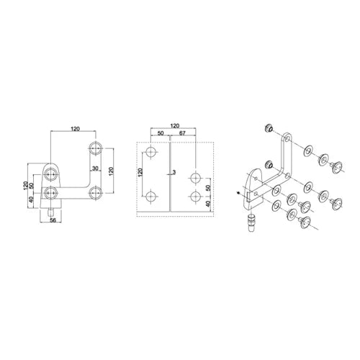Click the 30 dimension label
click(x=95, y=168)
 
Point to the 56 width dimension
click(x=53, y=220)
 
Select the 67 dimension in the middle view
click(x=182, y=133)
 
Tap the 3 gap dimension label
click(x=174, y=172)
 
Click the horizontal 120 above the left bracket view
click(x=75, y=129)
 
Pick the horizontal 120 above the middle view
click(x=175, y=126)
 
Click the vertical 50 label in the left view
click(x=31, y=185)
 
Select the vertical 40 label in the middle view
click(x=208, y=204)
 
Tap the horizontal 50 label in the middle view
click(x=161, y=133)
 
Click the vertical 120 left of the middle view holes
click(x=140, y=172)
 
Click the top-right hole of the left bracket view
click(x=96, y=148)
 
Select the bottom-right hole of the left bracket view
click(x=96, y=193)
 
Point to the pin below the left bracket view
click(x=50, y=212)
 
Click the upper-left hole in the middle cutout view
click(x=151, y=152)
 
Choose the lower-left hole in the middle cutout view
click(x=151, y=197)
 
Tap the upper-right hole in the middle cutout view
click(x=196, y=178)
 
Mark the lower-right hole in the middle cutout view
click(x=196, y=197)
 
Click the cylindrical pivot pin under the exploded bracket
click(x=251, y=223)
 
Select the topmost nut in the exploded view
click(x=269, y=128)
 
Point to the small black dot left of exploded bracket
click(x=238, y=192)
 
